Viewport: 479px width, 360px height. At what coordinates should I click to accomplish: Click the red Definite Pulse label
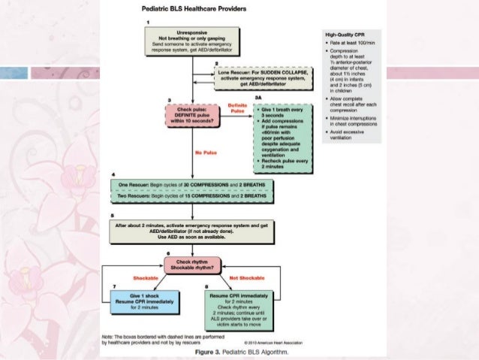pyautogui.click(x=238, y=107)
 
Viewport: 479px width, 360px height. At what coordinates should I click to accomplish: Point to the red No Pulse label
pyautogui.click(x=205, y=153)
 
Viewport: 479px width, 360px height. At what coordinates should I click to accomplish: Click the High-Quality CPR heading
pyautogui.click(x=345, y=33)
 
